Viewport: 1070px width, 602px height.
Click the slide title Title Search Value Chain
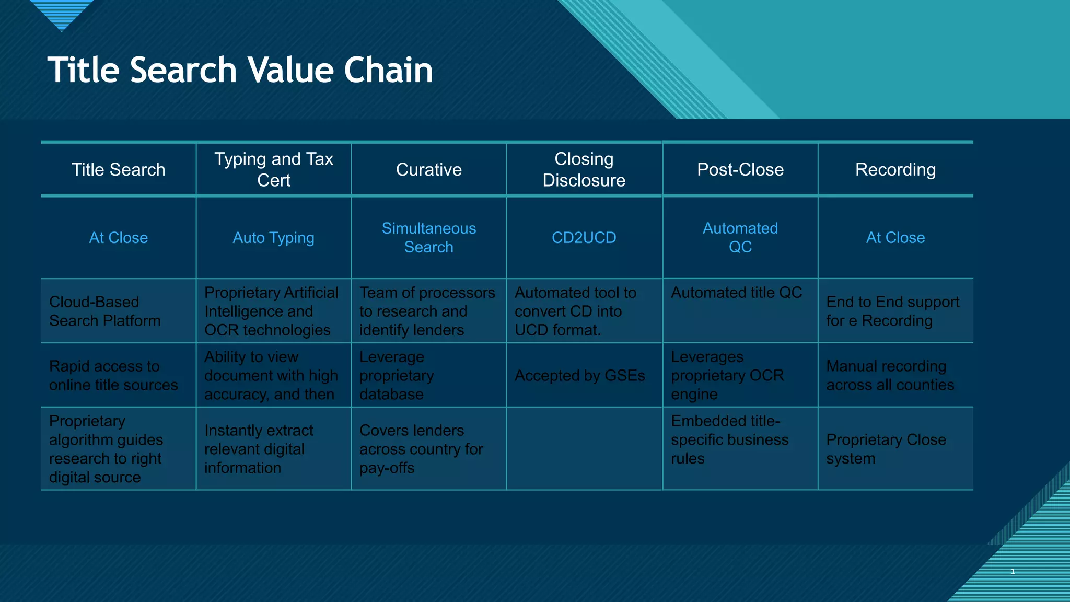240,70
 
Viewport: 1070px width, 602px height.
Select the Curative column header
428,170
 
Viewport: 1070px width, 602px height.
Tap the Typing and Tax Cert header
274,169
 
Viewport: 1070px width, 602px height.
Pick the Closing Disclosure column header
584,169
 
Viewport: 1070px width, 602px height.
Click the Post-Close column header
740,170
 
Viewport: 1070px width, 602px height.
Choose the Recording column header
895,170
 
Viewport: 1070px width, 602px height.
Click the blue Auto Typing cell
273,238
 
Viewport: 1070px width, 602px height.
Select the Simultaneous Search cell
428,238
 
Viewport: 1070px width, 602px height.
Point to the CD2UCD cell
584,238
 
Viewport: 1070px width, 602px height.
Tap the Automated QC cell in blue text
740,238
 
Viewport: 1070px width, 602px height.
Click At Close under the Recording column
895,238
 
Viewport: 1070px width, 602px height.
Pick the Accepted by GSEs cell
579,376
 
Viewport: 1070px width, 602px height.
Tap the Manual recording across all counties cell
890,376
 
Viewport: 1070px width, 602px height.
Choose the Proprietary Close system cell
886,449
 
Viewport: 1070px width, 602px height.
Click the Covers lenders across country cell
421,449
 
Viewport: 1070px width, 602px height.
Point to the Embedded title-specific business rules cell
729,439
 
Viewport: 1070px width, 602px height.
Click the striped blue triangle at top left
62,13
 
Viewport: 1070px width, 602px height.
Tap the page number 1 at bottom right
1013,571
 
